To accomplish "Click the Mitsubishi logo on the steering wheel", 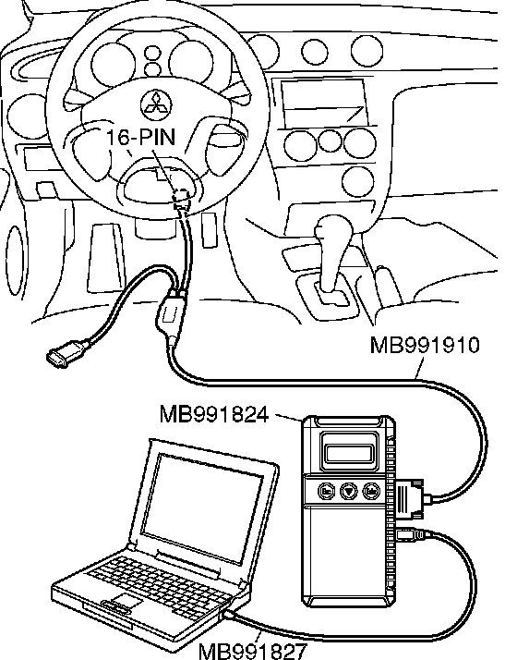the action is coord(156,104).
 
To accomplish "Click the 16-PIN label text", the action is coord(141,137).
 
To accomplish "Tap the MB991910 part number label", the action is coord(425,345).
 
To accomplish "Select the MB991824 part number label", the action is coord(214,414).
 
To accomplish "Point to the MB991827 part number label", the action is coord(252,651).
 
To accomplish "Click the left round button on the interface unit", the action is coord(327,491).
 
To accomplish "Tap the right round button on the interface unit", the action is coord(371,491).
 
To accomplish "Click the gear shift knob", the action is coord(334,228).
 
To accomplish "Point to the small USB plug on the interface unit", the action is coord(409,534).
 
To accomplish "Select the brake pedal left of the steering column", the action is coord(106,258).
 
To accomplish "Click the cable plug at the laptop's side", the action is coord(229,615).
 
